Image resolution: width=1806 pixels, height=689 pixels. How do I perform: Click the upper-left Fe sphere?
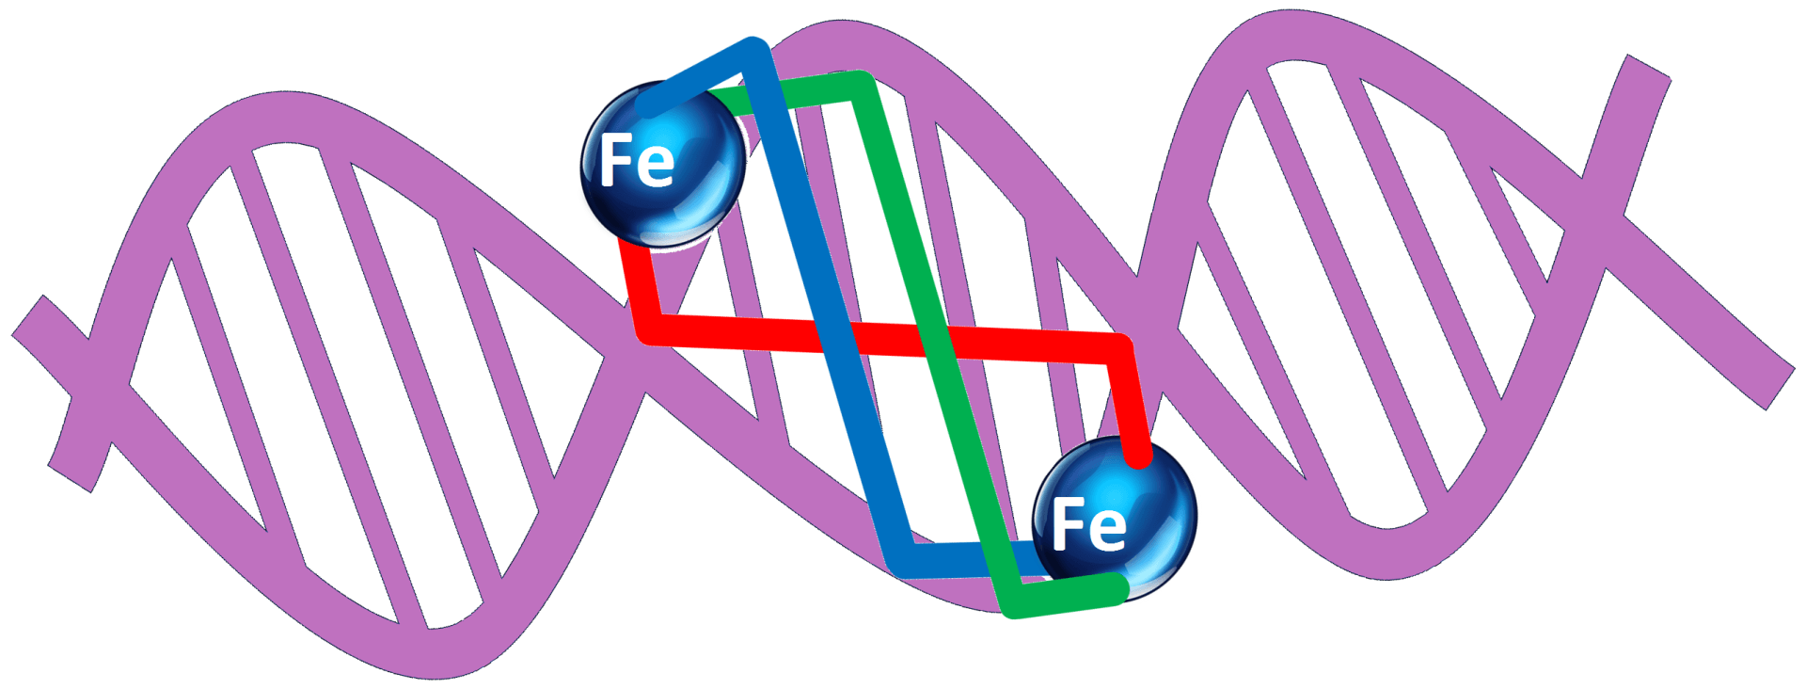click(663, 165)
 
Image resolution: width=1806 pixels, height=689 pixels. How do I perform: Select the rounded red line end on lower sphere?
click(1139, 457)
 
